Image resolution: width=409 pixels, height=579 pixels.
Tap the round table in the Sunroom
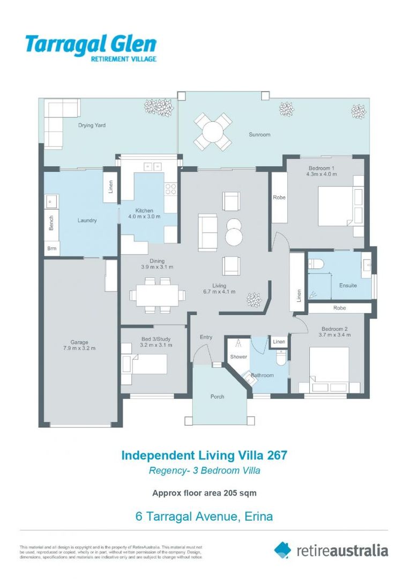coord(213,131)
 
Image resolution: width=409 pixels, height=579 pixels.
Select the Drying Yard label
coord(92,125)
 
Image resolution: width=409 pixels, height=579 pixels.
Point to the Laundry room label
coord(87,220)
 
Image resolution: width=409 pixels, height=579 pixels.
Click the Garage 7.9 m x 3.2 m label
coord(79,345)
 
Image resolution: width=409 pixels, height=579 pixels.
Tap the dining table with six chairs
coord(158,294)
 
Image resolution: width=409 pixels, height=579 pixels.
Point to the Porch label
coord(217,397)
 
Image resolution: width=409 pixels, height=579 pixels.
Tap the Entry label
coord(206,337)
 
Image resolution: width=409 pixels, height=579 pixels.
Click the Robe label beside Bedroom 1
coord(279,197)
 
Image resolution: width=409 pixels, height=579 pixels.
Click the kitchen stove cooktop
coord(170,189)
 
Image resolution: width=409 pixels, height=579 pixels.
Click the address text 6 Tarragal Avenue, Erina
coord(204,517)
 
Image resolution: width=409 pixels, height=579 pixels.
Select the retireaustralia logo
coord(331,550)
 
